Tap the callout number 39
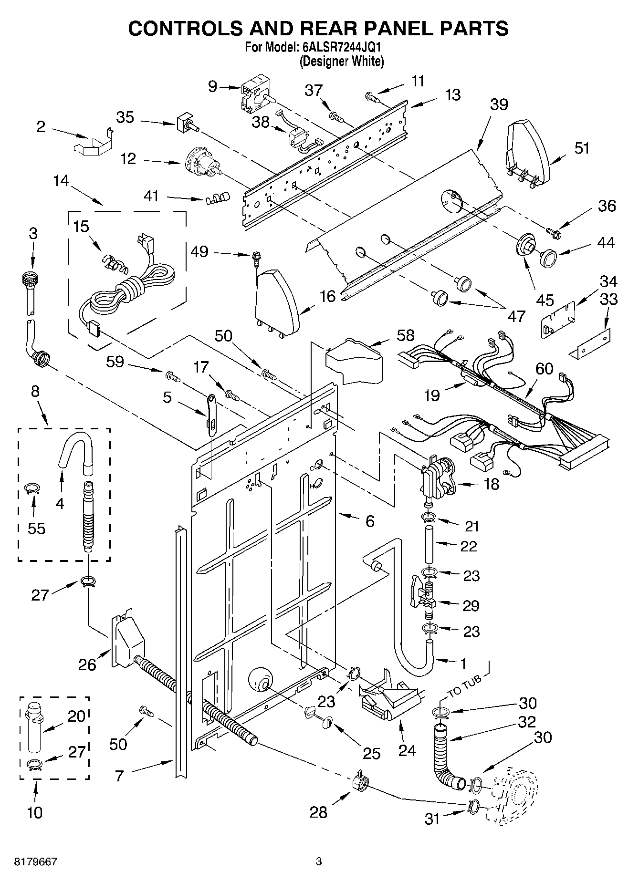click(499, 104)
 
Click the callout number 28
click(318, 812)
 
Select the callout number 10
click(35, 812)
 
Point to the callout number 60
click(544, 368)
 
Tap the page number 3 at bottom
click(319, 861)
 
